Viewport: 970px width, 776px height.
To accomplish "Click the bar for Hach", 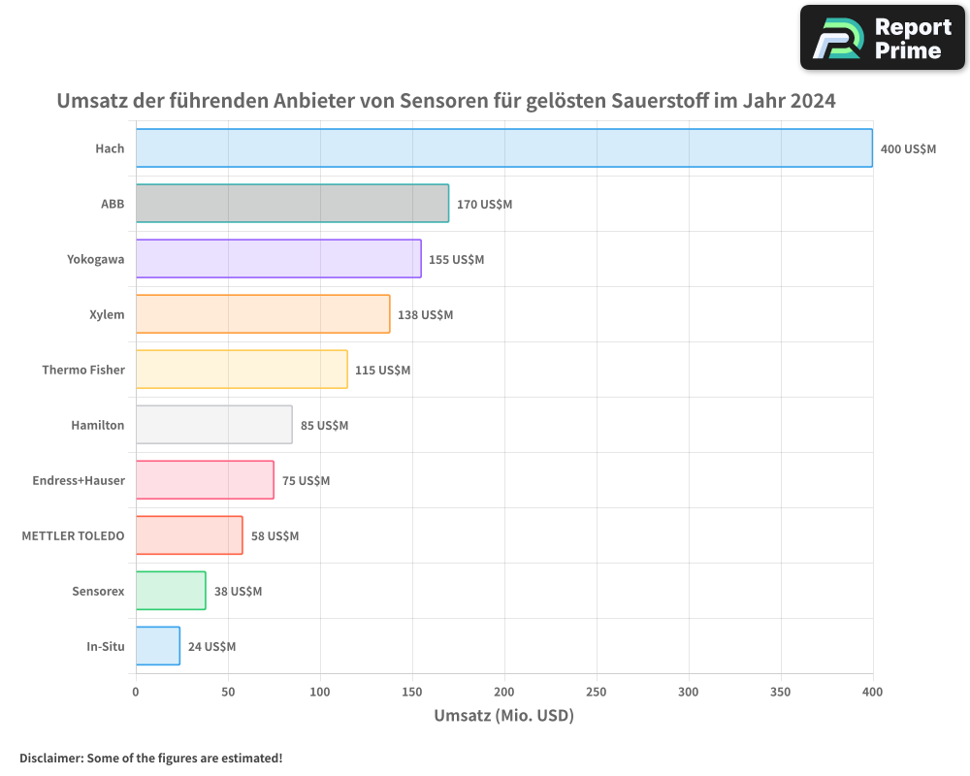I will tap(503, 147).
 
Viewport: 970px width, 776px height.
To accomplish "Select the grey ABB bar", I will tap(292, 203).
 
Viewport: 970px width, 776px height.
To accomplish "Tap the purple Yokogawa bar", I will tap(278, 259).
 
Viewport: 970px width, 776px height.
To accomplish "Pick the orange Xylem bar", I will tap(263, 314).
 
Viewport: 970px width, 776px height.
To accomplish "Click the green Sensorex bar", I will tap(171, 591).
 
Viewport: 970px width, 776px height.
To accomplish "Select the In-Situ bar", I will tap(158, 646).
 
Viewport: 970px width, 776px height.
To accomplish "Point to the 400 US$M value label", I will tap(908, 149).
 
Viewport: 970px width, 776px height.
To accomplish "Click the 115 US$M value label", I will tap(382, 371).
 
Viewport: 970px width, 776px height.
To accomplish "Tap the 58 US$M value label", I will tap(275, 536).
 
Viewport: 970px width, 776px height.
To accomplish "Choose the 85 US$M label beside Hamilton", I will tap(324, 426).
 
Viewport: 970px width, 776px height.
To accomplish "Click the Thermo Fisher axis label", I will tap(83, 370).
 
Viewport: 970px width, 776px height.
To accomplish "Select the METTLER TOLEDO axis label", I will tap(73, 535).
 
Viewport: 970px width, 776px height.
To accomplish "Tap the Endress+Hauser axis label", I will tap(79, 480).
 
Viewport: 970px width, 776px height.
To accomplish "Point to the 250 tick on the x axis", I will tap(597, 692).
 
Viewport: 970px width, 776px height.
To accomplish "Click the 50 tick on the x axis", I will tap(228, 692).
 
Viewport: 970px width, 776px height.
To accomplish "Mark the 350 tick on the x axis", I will tap(781, 692).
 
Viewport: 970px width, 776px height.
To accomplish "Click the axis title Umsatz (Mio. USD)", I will tap(503, 716).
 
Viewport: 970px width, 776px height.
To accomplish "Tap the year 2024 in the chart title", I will tap(812, 101).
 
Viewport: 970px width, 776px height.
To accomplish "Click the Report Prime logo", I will tap(882, 38).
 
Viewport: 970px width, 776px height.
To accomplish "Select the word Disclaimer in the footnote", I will tap(50, 758).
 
